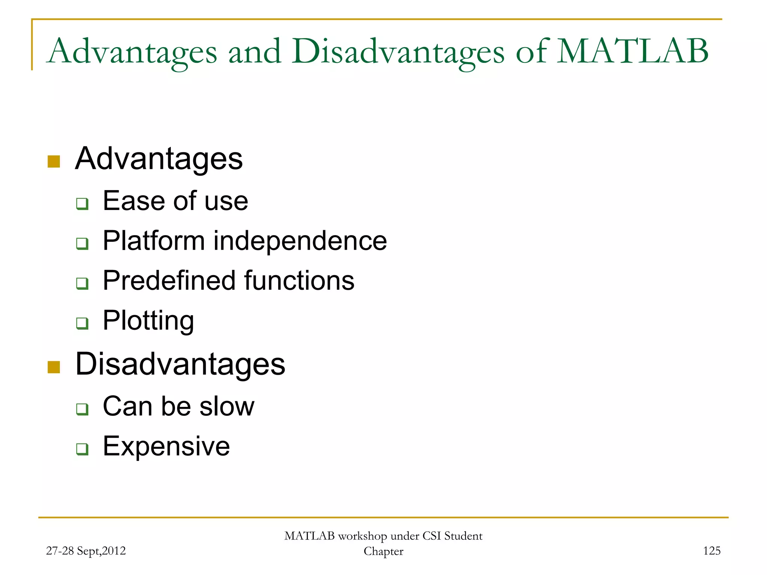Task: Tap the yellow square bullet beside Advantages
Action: coord(54,162)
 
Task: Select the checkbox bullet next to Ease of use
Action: coord(82,204)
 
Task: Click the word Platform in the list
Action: coord(154,241)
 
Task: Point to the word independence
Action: coord(300,241)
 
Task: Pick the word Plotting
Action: coord(148,321)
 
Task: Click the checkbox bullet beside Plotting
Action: coord(82,323)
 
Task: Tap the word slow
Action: coord(227,406)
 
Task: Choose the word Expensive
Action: coord(166,446)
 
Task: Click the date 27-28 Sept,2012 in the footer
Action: coord(86,551)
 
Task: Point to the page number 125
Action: coord(712,551)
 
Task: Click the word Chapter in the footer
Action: coord(383,551)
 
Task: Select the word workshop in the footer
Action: coord(362,536)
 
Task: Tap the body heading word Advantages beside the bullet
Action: coord(159,159)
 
